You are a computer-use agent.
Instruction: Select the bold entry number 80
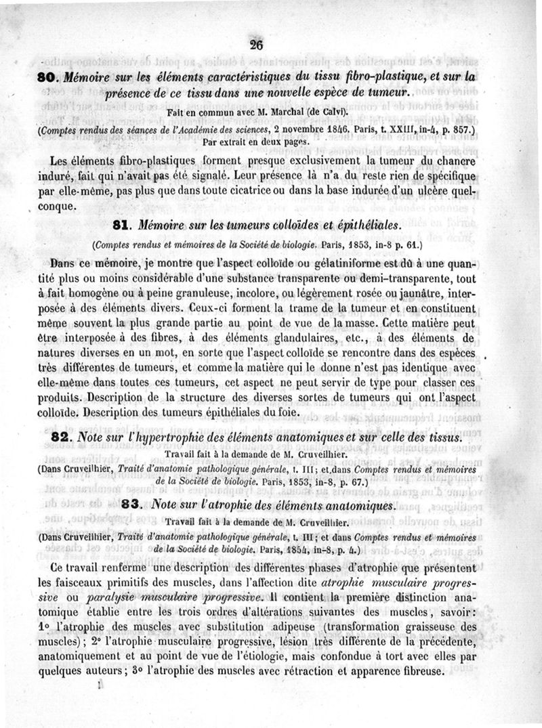click(48, 78)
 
